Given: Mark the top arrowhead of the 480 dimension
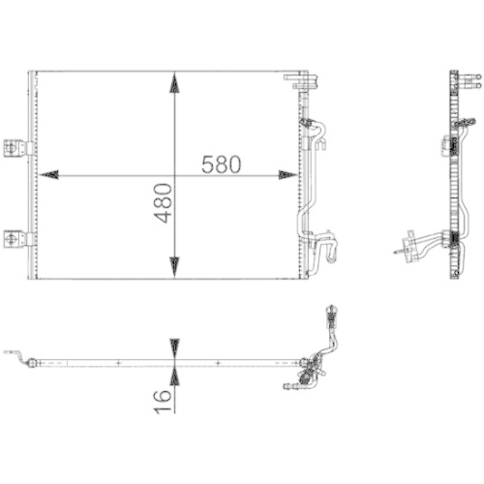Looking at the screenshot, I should coord(174,83).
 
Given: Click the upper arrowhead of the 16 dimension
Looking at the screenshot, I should coord(174,346).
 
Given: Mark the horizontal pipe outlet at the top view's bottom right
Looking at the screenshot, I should coord(290,386).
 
